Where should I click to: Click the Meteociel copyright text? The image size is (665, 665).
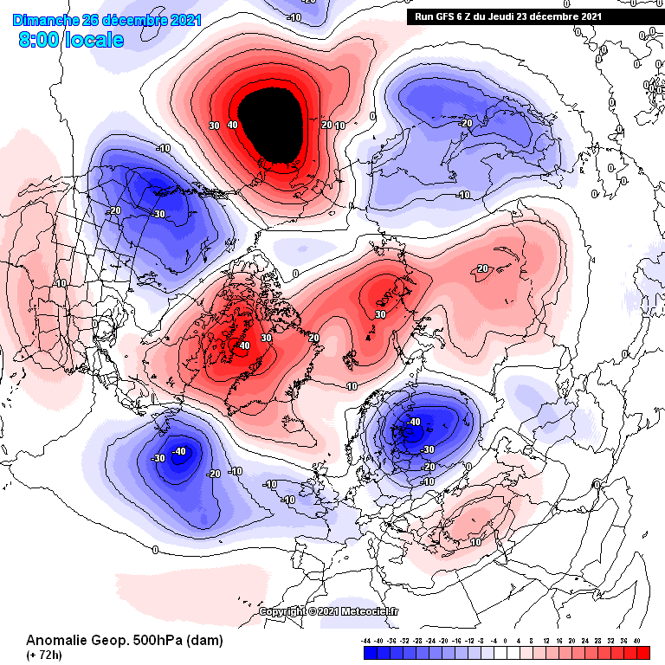330,611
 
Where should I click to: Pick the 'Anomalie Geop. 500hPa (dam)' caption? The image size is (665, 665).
125,641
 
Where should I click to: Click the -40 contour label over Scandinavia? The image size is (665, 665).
414,422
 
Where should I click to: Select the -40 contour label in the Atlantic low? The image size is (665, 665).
179,451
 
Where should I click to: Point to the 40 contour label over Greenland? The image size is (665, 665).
244,345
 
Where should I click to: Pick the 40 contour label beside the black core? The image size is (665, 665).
232,126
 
